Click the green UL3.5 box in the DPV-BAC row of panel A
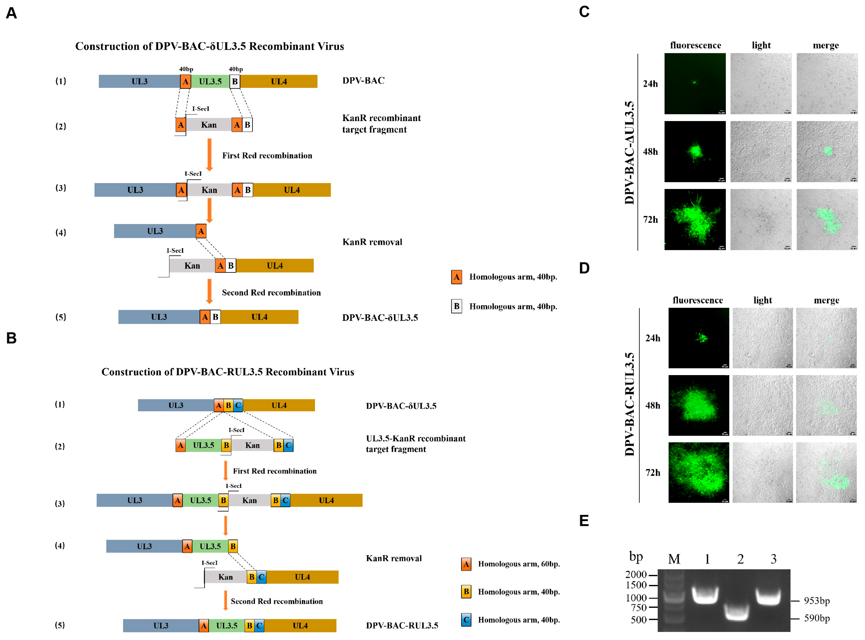pos(210,81)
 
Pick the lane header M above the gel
pos(674,559)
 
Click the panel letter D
pos(584,268)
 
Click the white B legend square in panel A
pos(456,306)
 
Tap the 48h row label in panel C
pos(650,151)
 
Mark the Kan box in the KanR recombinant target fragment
pos(209,125)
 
